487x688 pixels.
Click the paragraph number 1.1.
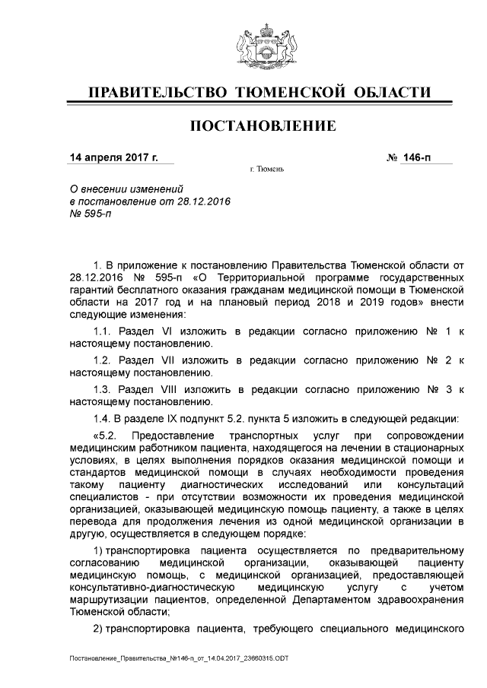pyautogui.click(x=102, y=331)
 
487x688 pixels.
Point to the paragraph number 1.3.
pyautogui.click(x=102, y=389)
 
